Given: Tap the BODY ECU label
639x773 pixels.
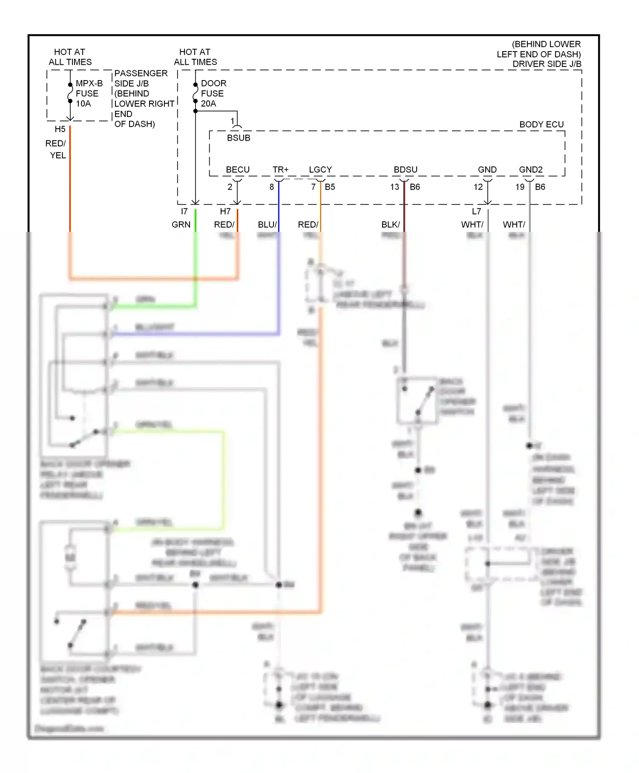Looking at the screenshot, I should [541, 124].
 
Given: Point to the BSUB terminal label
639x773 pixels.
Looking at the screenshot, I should [238, 138].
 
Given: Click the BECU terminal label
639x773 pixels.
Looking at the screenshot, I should [237, 170].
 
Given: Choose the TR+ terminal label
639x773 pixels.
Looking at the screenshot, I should [280, 170].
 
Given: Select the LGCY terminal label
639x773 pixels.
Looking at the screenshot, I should [320, 170].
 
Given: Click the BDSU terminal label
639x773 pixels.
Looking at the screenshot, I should [405, 170].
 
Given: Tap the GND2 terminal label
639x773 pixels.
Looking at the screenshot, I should [530, 170].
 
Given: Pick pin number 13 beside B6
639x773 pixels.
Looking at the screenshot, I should [394, 187].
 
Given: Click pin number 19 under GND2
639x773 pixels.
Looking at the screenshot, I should [520, 187].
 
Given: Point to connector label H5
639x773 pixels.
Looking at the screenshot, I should [60, 129].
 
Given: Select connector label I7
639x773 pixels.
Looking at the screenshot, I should [184, 211].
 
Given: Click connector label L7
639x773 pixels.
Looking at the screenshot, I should [476, 211].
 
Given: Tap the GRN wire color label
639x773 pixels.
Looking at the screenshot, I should [181, 225].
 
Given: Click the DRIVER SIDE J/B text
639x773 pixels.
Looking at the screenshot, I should [547, 64].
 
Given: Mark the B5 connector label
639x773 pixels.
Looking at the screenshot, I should [330, 187].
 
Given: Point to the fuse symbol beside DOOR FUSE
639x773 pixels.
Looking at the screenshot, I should [196, 93].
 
